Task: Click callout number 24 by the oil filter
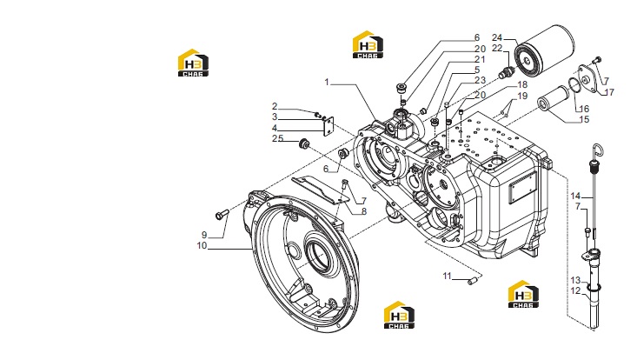point(497,37)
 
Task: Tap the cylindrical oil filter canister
point(544,49)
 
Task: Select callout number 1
point(327,82)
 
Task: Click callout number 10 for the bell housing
point(202,245)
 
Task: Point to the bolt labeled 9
point(222,214)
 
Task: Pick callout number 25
point(278,138)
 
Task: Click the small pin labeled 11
point(472,280)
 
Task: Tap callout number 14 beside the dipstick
point(575,197)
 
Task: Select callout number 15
point(584,119)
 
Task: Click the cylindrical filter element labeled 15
point(553,99)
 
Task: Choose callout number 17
point(609,92)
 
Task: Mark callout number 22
point(497,48)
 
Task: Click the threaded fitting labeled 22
point(507,72)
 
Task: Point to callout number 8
point(364,211)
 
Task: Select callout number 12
point(575,291)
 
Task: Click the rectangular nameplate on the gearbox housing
point(523,186)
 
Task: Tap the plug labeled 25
point(304,143)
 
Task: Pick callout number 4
point(275,128)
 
